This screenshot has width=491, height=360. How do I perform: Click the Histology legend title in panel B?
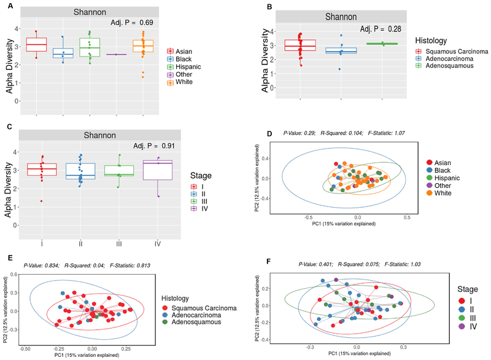pos(436,39)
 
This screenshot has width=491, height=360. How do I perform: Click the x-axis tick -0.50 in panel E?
pos(25,348)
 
